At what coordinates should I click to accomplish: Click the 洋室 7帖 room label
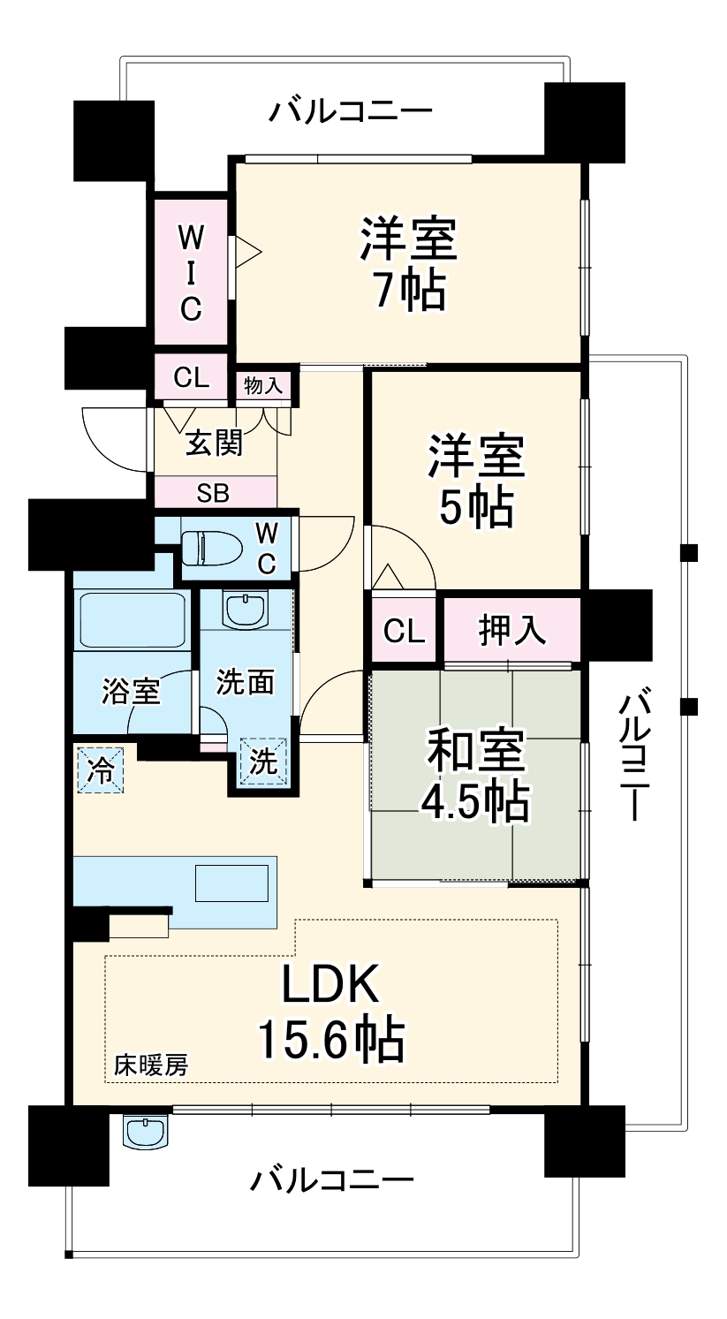click(x=407, y=263)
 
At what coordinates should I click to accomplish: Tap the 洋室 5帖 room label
click(x=476, y=480)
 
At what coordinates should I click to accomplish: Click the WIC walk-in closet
click(x=191, y=273)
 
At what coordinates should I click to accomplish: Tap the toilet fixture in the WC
click(x=209, y=546)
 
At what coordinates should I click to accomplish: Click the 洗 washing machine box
click(x=264, y=761)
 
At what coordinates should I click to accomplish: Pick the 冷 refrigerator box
click(x=101, y=770)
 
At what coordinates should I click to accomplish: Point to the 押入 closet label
click(x=511, y=630)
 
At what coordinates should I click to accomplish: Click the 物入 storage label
click(x=263, y=385)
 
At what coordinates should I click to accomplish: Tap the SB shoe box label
click(x=213, y=493)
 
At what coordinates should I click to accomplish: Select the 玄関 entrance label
click(x=213, y=443)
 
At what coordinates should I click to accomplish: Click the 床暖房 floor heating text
click(x=150, y=1065)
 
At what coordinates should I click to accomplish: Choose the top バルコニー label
click(x=351, y=112)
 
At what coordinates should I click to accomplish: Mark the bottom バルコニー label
click(x=331, y=1179)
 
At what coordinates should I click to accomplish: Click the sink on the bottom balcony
click(x=145, y=1131)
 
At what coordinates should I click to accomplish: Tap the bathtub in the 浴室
click(x=132, y=620)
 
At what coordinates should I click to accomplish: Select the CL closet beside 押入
click(x=404, y=630)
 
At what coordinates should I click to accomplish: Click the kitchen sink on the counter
click(x=231, y=883)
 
